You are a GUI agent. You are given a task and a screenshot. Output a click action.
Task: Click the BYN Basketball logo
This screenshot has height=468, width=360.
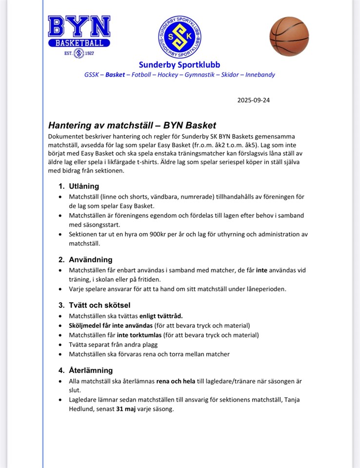pos(79,36)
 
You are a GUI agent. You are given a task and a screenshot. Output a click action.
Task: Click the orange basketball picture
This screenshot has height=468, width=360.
pos(289,36)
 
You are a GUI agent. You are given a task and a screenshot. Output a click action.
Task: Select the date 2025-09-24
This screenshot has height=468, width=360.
pos(253,100)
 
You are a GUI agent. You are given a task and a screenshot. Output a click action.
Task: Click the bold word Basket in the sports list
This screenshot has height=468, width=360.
pos(115,75)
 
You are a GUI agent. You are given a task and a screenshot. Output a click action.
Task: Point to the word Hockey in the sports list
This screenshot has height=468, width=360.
pos(168,75)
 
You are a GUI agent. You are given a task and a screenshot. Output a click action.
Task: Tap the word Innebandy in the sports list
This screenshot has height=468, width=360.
pos(260,75)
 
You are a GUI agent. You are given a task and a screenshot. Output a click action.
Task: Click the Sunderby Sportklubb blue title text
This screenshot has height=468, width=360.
pos(179,64)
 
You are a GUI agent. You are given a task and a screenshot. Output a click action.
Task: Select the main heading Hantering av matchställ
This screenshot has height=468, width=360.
pos(132,125)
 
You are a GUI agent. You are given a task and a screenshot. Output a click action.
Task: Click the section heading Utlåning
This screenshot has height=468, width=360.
pos(83,186)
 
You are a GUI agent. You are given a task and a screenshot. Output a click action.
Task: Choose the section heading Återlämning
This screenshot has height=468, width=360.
pos(90,370)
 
